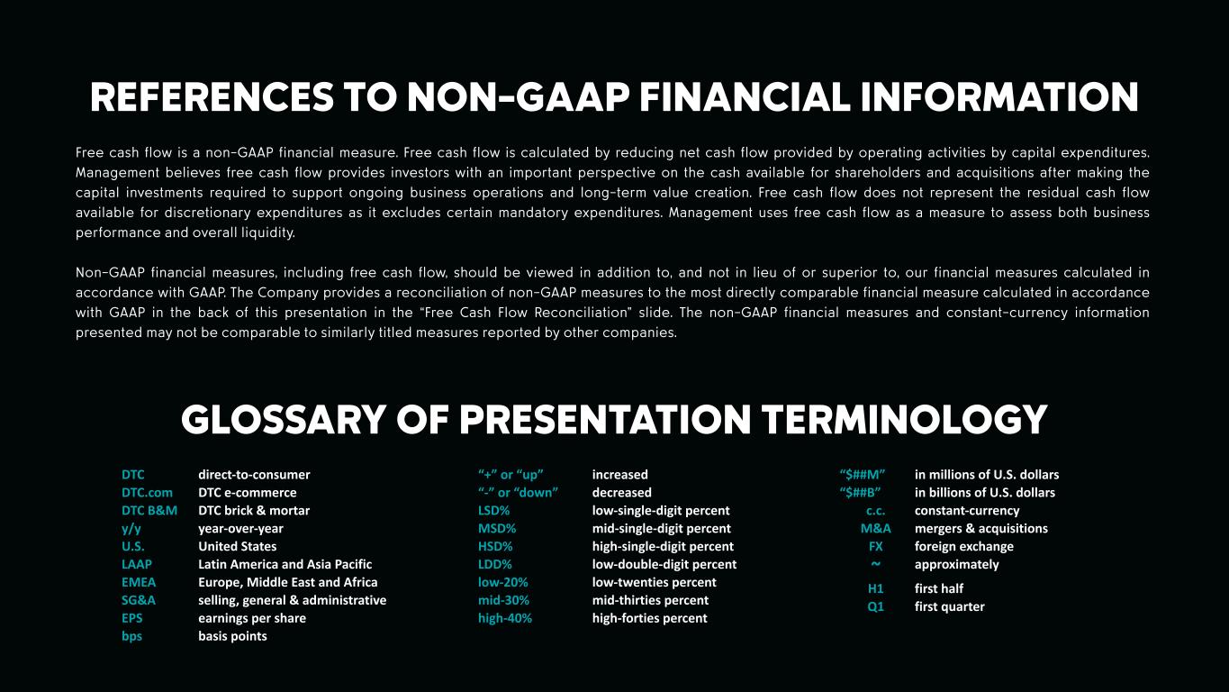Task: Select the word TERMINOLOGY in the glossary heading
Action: pos(904,420)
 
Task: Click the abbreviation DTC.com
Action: pos(147,493)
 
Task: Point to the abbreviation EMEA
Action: pos(139,582)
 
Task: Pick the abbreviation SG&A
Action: pos(139,600)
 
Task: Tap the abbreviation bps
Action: pos(131,636)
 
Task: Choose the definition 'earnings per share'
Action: pos(252,618)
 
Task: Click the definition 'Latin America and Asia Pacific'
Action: pos(285,564)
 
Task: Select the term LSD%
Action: pos(494,511)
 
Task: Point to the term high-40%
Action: pos(504,618)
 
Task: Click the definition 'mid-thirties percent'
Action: pos(650,600)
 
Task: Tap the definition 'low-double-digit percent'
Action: pos(664,564)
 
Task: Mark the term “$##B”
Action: pos(860,493)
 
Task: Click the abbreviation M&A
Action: pos(876,529)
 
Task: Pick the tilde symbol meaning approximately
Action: pos(875,564)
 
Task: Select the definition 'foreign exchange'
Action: pos(964,547)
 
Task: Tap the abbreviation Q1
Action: pos(876,606)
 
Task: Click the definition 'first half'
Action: pos(939,588)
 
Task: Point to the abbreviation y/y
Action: pos(131,529)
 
